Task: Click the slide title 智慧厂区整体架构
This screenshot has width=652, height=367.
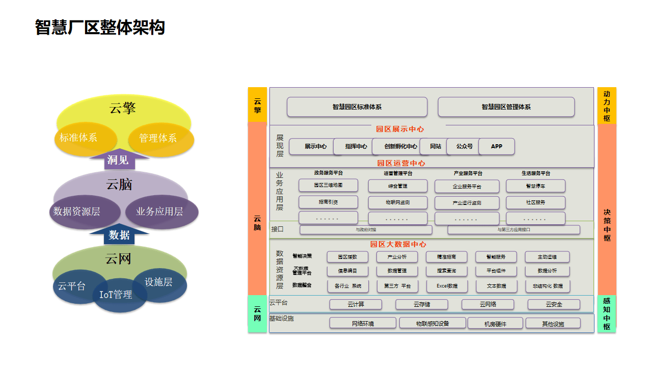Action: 100,27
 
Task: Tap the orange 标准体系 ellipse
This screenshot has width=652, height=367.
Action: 78,138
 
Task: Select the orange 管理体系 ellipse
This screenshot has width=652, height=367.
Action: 158,138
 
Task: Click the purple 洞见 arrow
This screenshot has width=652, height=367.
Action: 118,160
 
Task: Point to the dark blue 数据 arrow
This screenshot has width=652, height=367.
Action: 119,235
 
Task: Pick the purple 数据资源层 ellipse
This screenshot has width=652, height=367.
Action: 76,211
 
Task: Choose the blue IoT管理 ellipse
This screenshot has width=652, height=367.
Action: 116,295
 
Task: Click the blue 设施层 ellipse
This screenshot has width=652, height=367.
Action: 159,282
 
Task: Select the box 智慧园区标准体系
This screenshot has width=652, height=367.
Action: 357,107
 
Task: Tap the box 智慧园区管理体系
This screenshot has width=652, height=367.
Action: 506,107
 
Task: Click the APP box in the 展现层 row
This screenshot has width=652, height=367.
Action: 497,146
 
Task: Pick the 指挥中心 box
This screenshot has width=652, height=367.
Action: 356,146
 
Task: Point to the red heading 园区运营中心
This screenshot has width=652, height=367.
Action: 401,163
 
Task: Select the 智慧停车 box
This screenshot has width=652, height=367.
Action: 535,186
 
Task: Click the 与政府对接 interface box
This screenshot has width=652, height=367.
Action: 366,230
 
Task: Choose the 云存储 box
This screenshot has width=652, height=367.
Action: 421,304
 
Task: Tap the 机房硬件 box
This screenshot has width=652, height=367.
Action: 495,323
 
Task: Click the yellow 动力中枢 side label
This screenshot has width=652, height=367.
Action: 606,106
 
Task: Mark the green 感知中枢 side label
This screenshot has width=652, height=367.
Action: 606,314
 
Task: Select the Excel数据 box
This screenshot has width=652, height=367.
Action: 447,286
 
